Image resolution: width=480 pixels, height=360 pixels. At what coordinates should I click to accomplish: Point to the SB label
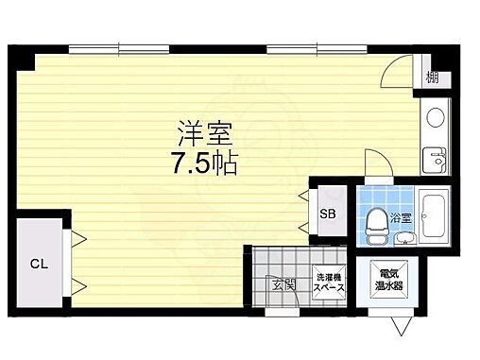click(x=327, y=214)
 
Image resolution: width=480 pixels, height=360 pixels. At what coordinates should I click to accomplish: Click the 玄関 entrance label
click(x=283, y=283)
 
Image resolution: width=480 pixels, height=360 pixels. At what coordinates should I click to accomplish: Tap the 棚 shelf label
click(x=432, y=77)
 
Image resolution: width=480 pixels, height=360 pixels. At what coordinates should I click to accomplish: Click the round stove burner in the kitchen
click(x=436, y=118)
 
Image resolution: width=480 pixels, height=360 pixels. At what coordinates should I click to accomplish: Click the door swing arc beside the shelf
click(x=400, y=71)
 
